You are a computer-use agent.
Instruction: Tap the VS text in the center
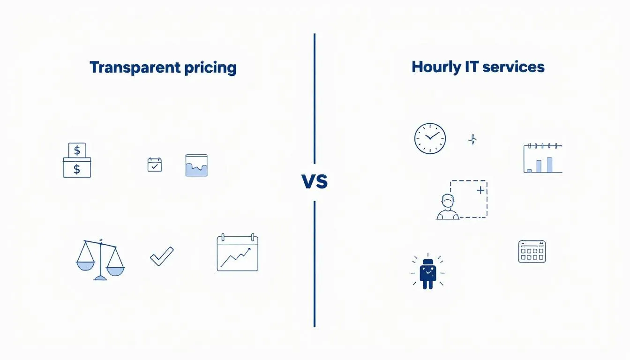coord(315,181)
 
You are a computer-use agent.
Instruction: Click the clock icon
coord(430,139)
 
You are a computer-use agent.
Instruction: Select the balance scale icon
coord(100,260)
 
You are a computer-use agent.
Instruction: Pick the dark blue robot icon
coord(427,273)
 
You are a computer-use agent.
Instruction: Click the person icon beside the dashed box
coord(448,207)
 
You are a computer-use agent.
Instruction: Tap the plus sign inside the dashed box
coord(480,190)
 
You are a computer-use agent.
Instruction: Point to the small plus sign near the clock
coord(472,139)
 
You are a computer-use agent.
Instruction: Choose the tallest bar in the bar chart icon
coord(549,164)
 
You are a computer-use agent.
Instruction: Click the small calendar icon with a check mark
coord(155,165)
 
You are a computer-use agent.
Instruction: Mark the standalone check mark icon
coord(162,256)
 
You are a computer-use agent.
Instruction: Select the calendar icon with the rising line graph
coord(237,253)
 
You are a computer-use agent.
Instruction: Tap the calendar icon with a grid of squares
coord(532,252)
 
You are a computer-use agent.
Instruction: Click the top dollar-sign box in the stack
coord(77,150)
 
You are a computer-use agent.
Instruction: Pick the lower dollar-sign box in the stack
coord(77,168)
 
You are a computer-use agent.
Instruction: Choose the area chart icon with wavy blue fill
coord(196,165)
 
